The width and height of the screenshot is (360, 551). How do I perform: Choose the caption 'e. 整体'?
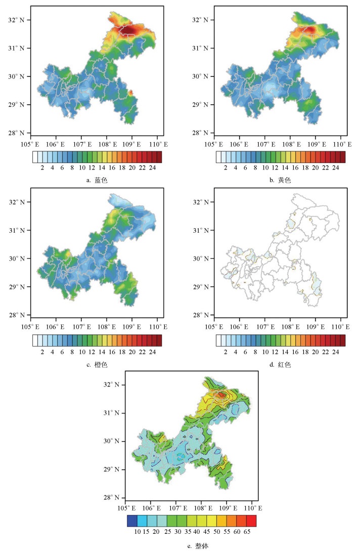(x=188, y=546)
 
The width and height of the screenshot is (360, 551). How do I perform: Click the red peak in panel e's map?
(x=221, y=394)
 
